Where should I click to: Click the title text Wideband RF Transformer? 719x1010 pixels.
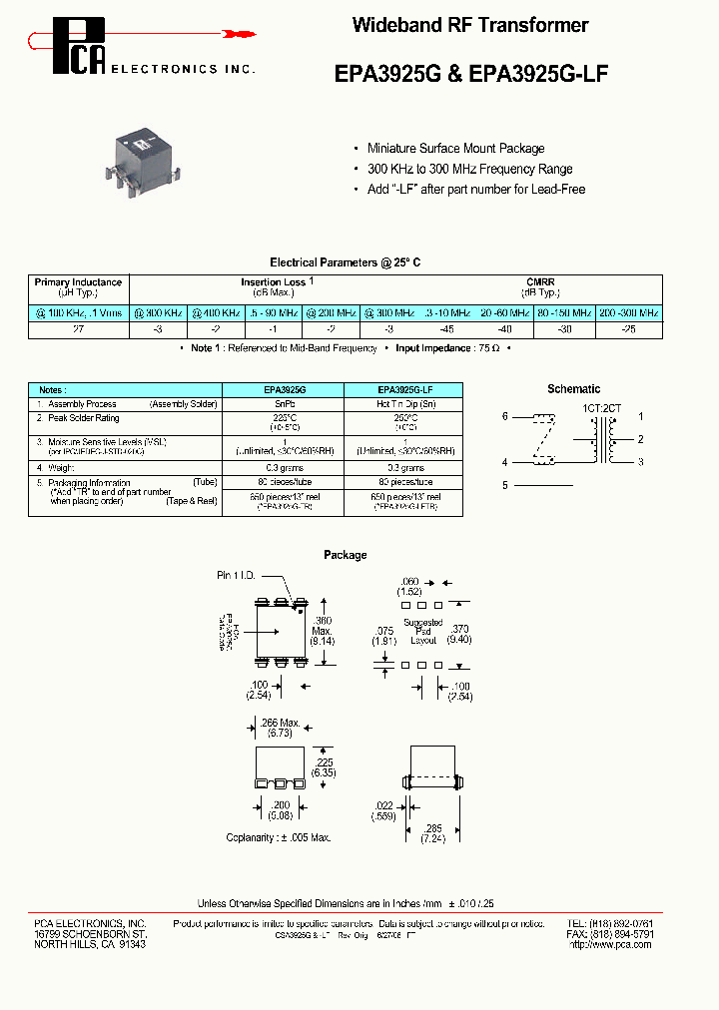pyautogui.click(x=470, y=26)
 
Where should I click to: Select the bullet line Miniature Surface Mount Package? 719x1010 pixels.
pyautogui.click(x=455, y=149)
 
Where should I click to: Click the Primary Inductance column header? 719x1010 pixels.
pyautogui.click(x=78, y=288)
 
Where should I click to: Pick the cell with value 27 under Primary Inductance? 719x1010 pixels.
pyautogui.click(x=78, y=328)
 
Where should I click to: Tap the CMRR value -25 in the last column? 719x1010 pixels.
pyautogui.click(x=628, y=328)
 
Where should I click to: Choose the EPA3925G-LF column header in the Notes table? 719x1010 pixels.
pyautogui.click(x=404, y=389)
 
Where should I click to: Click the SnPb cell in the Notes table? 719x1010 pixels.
pyautogui.click(x=285, y=404)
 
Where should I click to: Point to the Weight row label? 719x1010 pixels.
pyautogui.click(x=62, y=466)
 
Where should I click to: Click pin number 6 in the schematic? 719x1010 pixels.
pyautogui.click(x=505, y=416)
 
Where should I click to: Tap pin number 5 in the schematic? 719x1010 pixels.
pyautogui.click(x=505, y=485)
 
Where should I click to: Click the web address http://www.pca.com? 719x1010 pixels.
pyautogui.click(x=611, y=943)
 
